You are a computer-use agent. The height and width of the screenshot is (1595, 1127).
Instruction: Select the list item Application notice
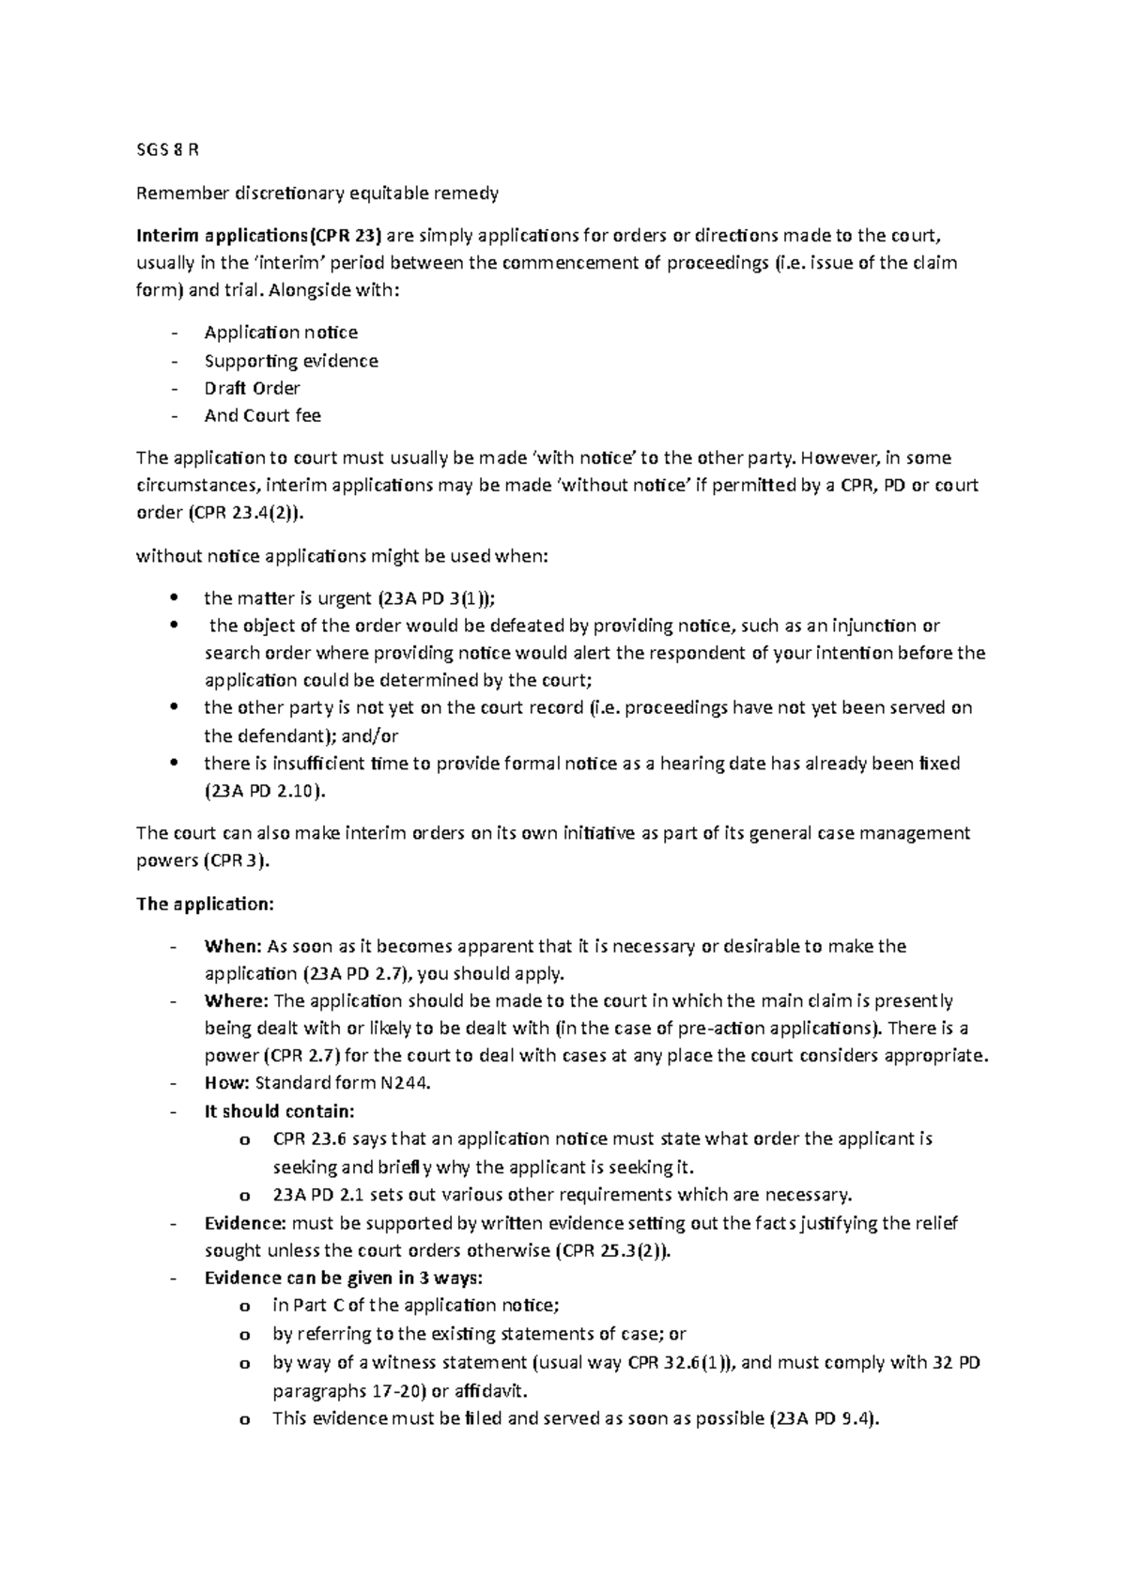pos(281,333)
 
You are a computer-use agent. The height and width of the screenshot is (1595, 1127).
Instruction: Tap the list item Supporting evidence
pos(291,361)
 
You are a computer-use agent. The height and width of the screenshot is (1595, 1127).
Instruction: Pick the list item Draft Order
pos(252,388)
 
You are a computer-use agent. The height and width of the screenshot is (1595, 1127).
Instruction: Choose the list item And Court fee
pos(262,415)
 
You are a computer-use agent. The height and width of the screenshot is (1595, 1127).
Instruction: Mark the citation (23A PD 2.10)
pos(265,791)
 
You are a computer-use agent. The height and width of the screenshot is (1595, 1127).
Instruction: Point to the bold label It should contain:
pos(279,1111)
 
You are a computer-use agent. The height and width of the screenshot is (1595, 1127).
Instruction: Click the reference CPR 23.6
pos(303,1139)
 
